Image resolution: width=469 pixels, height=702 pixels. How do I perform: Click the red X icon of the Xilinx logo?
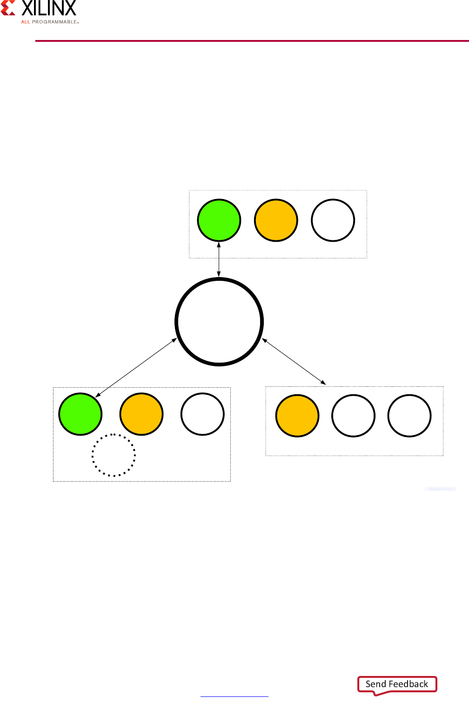pos(8,8)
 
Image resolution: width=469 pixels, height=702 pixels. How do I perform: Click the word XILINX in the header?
pos(49,8)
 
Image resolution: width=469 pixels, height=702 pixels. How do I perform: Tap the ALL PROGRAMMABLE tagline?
pos(49,22)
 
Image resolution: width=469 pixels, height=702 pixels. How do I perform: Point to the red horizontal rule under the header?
pos(251,41)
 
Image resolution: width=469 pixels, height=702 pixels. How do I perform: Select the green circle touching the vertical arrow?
pos(219,220)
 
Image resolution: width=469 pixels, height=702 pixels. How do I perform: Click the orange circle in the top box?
pos(276,220)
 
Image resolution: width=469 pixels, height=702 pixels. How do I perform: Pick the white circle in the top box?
pos(333,220)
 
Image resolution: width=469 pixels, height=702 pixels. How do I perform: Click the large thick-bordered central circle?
pos(219,322)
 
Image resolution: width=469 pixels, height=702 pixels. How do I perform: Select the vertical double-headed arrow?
pos(219,259)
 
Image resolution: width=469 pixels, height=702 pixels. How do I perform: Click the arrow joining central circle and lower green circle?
pos(136,368)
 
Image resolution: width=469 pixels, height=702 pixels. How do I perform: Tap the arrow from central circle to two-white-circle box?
pos(294,362)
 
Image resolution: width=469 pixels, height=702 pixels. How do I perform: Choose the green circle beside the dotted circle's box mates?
pos(80,414)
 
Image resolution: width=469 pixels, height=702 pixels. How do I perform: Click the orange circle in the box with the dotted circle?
pos(141,414)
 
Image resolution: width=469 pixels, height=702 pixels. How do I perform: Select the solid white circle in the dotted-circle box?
pos(202,414)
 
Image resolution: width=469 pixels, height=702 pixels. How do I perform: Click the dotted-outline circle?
pos(114,455)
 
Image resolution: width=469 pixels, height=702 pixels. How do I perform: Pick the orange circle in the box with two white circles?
pos(297,416)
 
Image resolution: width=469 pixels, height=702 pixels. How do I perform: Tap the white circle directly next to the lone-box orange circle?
pos(353,416)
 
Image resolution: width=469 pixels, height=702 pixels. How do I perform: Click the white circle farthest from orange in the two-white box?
pos(409,416)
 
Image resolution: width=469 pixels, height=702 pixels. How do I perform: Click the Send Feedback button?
pos(397,684)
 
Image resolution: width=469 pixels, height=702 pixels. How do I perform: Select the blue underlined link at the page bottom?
pos(234,696)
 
